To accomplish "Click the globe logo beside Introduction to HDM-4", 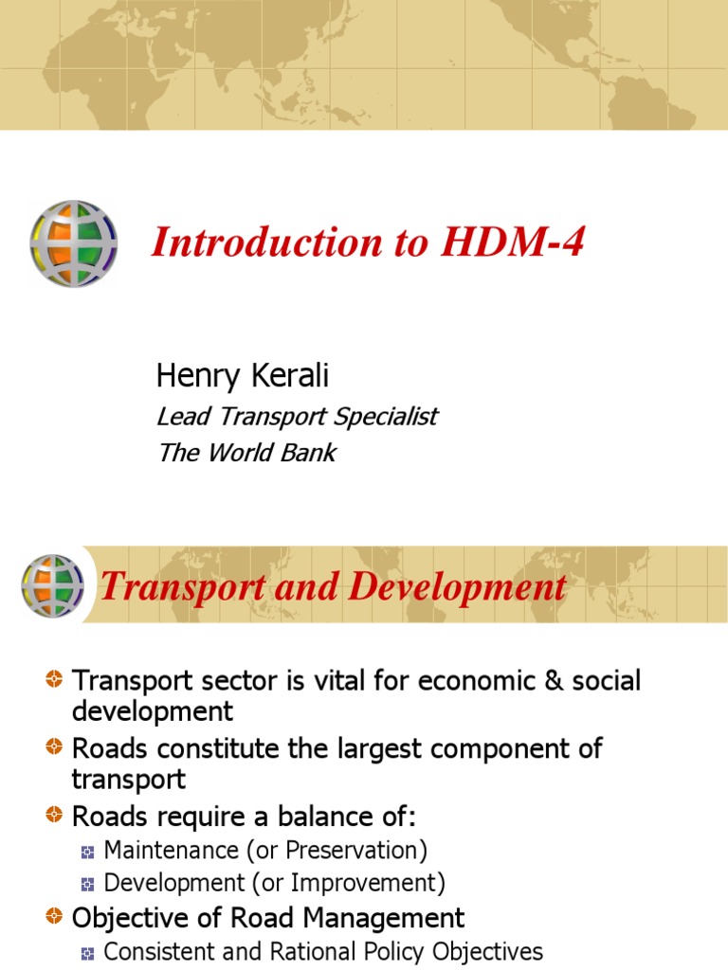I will click(74, 244).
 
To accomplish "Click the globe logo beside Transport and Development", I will click(52, 586).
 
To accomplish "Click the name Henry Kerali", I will click(242, 376).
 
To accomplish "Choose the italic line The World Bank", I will click(246, 453).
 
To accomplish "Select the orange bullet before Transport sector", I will click(55, 679).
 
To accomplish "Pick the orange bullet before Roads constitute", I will click(55, 748).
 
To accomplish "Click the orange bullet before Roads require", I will click(55, 816).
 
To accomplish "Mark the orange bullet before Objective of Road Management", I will click(55, 917).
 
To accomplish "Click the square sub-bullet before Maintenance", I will click(88, 851).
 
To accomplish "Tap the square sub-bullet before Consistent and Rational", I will click(88, 952).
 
